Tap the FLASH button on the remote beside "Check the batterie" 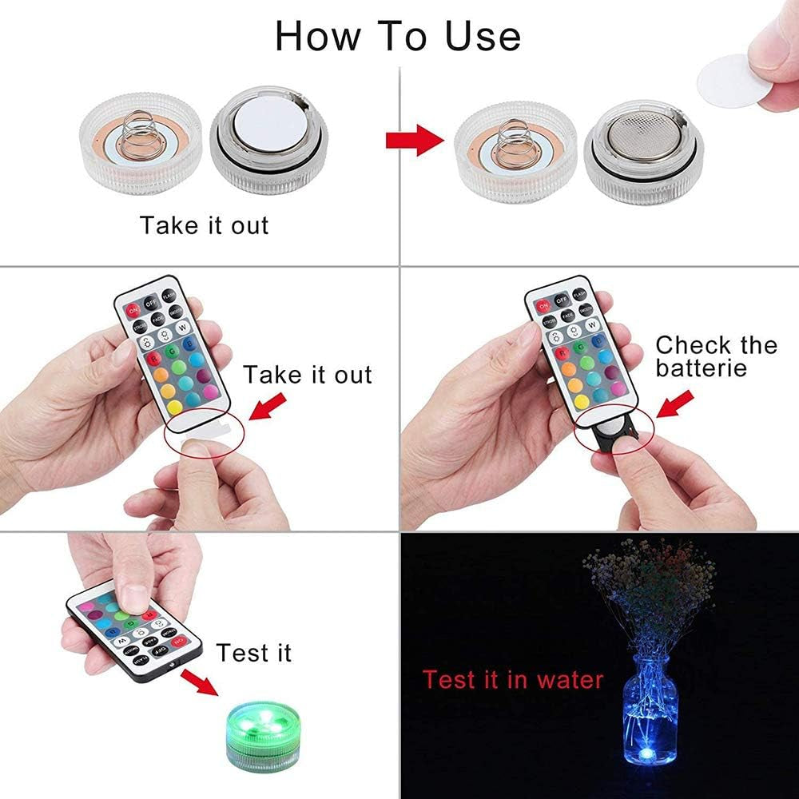pyautogui.click(x=602, y=294)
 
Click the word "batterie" pyautogui.click(x=702, y=368)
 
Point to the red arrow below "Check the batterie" pyautogui.click(x=673, y=403)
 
